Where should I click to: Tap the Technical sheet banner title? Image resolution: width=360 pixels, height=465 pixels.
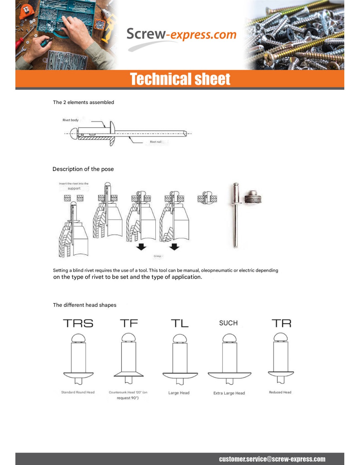[180, 79]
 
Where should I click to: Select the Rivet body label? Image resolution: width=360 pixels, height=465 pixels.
[70, 120]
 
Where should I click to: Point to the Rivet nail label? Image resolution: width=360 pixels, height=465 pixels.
[155, 142]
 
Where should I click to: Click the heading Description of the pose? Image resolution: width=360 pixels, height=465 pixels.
[83, 169]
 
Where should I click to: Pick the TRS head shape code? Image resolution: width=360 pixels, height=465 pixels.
[78, 323]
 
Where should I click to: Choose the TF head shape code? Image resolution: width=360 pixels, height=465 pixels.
[129, 323]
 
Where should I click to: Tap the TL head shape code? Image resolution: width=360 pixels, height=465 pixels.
[180, 323]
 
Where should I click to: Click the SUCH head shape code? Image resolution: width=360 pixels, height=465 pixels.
[228, 323]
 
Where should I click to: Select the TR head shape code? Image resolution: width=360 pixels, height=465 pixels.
[281, 323]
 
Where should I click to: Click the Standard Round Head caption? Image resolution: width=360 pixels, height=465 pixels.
[78, 392]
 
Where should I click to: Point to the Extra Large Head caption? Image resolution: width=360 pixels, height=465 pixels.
[229, 393]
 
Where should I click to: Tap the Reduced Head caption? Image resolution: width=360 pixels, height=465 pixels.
[280, 392]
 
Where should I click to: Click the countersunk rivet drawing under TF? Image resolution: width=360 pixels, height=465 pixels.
[129, 358]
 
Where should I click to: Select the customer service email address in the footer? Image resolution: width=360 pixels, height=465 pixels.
[272, 459]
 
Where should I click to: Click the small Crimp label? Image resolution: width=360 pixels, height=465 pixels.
[157, 256]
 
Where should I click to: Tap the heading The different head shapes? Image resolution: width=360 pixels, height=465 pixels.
[84, 305]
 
